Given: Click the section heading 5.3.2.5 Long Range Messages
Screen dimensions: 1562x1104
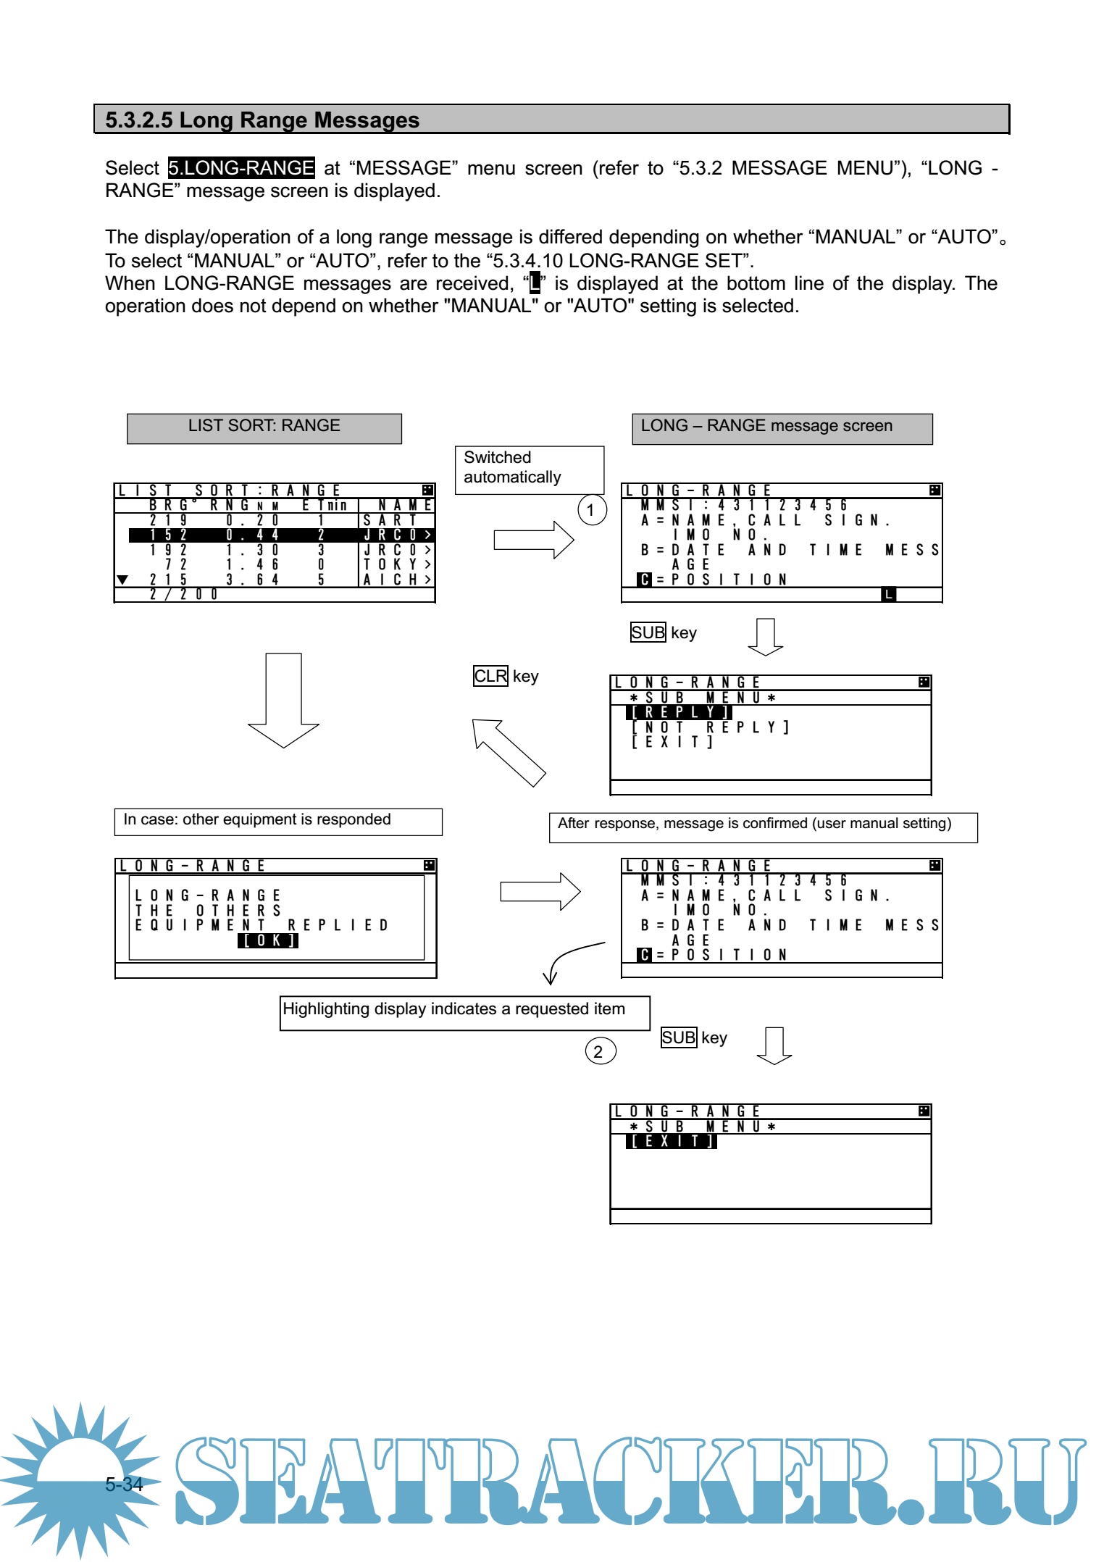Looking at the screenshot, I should (x=262, y=120).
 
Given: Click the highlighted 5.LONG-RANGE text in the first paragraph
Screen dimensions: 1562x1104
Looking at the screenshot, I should (x=241, y=168).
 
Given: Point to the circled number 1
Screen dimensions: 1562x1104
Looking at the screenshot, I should (x=591, y=510).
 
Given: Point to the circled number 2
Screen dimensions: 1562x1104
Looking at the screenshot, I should (x=599, y=1051).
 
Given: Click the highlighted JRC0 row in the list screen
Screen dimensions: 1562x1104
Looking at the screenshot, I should (x=281, y=535).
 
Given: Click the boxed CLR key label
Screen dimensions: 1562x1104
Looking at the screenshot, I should (x=490, y=676).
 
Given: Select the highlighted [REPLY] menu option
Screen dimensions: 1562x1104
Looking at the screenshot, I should (x=679, y=712).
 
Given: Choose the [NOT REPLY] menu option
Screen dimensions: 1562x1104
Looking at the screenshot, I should (x=710, y=727).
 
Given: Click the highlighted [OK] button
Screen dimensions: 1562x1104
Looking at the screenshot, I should (x=267, y=940).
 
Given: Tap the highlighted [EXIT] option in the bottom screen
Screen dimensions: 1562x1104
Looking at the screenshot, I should (x=672, y=1141).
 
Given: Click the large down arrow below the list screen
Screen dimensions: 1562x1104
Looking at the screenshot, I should (x=283, y=699).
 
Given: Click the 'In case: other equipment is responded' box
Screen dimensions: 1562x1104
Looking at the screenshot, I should (x=277, y=821).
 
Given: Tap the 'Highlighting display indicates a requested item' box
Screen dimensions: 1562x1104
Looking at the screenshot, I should (x=464, y=1011).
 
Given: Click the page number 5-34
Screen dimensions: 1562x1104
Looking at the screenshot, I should (x=124, y=1484).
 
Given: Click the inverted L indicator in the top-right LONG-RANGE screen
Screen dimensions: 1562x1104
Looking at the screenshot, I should (x=888, y=594).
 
